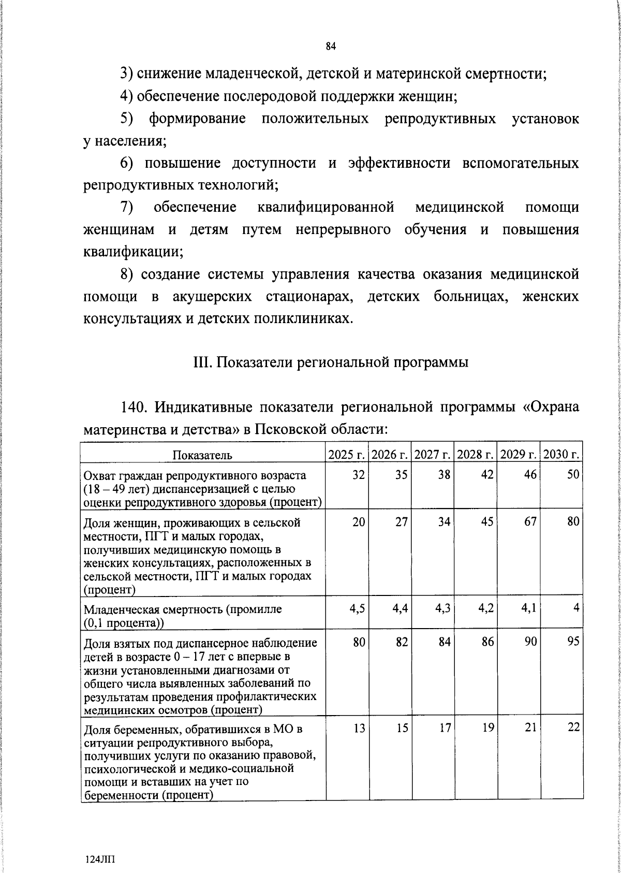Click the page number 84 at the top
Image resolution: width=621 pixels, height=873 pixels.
point(331,47)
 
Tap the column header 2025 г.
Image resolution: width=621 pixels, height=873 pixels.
point(347,455)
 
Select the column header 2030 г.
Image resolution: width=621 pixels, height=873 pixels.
point(561,455)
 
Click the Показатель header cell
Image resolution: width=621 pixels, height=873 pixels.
point(202,455)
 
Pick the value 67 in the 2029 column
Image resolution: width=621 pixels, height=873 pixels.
point(529,522)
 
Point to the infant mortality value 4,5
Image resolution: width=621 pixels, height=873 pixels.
point(357,609)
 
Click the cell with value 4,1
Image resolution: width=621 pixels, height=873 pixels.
point(529,609)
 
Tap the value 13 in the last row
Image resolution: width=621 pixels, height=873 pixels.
point(359,728)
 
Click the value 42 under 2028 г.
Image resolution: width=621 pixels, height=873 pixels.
point(486,474)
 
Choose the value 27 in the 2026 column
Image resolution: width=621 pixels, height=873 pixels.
point(401,522)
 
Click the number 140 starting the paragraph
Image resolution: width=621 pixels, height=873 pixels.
point(133,408)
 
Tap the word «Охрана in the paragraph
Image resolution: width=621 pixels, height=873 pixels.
point(549,408)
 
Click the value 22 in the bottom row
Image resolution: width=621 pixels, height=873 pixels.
point(572,728)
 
